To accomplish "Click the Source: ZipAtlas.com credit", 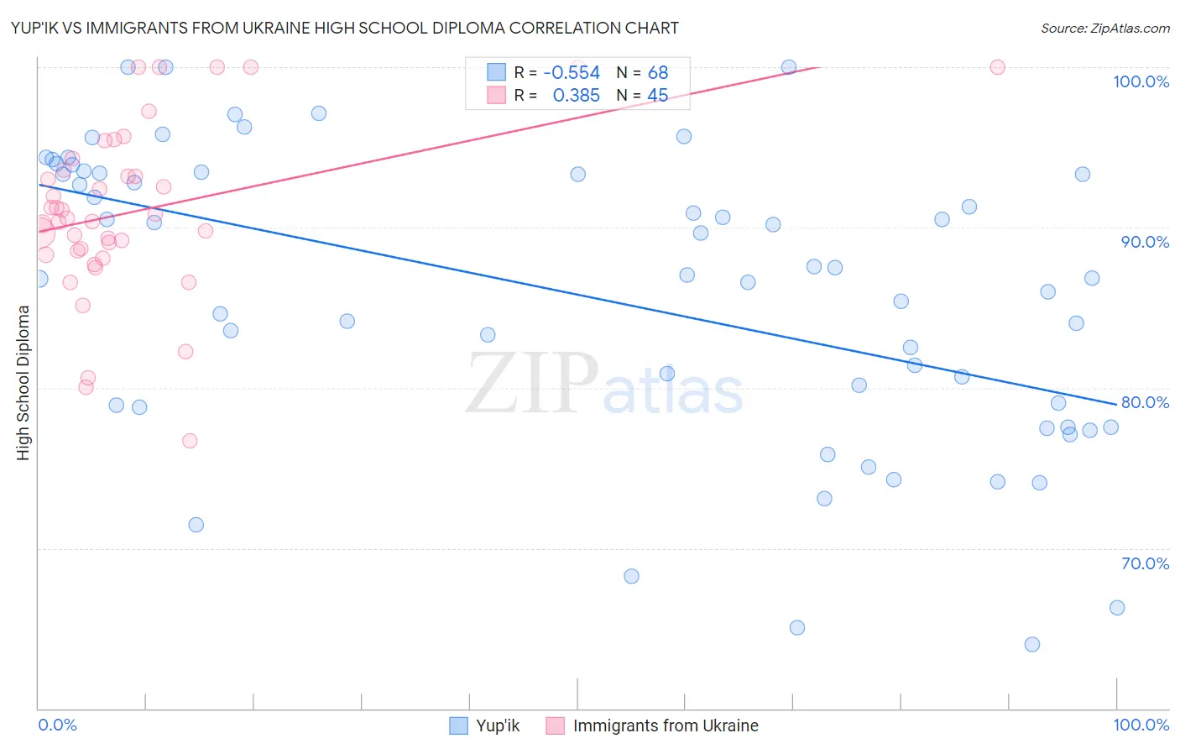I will coord(1104,28).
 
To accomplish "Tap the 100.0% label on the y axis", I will coord(1141,81).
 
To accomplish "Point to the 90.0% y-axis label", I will coord(1145,242).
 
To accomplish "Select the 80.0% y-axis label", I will coord(1145,402).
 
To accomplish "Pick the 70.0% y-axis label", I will coord(1145,563).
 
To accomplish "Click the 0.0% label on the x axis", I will coord(57,725).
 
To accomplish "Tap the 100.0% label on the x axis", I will coord(1141,725).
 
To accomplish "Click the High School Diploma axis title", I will coord(23,382).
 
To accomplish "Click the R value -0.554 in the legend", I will coord(572,73).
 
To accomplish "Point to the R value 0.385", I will coord(576,96).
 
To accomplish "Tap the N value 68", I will coord(658,73).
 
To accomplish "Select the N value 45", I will coord(658,96).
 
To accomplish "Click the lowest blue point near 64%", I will coord(1032,644).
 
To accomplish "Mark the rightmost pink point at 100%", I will coord(998,67).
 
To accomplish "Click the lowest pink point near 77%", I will coord(190,441).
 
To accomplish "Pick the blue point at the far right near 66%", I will coord(1117,608).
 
